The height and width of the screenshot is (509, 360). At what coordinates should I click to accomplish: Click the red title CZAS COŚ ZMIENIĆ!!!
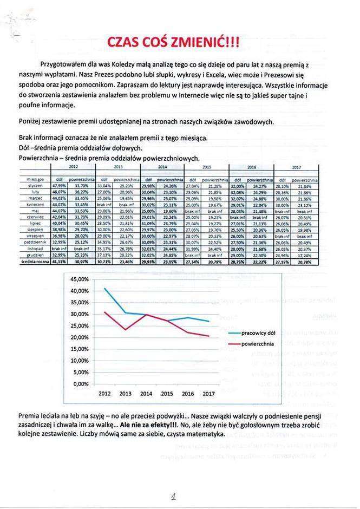click(x=173, y=42)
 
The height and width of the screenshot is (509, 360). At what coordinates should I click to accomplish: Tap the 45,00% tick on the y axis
click(x=78, y=279)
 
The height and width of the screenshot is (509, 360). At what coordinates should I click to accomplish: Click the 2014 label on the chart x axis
click(x=146, y=394)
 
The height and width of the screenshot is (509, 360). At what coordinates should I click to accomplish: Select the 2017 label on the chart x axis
click(x=208, y=394)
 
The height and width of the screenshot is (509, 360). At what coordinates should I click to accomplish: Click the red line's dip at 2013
click(x=125, y=330)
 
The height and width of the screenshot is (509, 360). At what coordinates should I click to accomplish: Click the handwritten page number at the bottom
click(x=174, y=494)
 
